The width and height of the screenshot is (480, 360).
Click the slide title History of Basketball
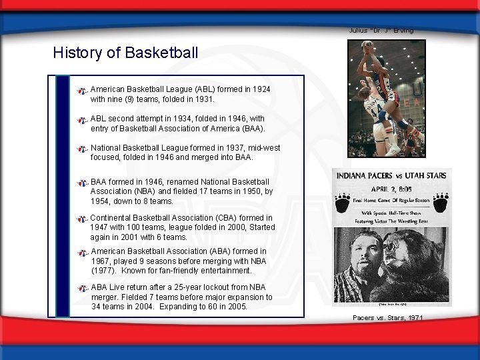coord(125,52)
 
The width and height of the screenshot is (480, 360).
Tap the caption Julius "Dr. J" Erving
coord(381,30)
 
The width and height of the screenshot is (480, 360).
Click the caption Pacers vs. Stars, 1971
coord(387,317)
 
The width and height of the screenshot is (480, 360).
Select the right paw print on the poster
coord(441,199)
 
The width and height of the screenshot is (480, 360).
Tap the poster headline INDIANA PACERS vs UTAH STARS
coord(393,177)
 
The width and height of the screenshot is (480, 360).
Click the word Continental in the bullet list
coord(113,218)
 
